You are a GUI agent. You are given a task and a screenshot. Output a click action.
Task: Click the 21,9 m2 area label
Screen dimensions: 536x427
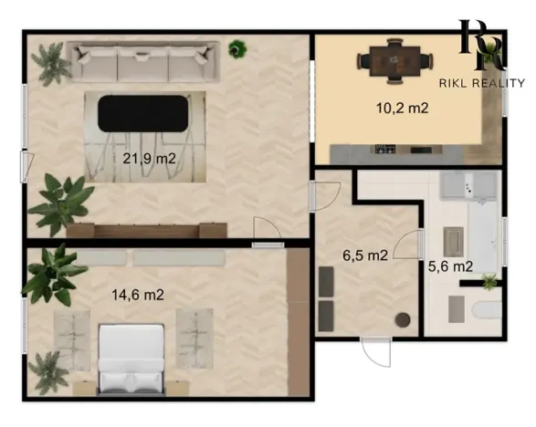click(x=149, y=159)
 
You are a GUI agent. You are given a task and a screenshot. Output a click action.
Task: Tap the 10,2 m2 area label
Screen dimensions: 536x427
click(x=403, y=109)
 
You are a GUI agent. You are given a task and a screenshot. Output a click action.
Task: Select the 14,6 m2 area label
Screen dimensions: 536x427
click(x=138, y=295)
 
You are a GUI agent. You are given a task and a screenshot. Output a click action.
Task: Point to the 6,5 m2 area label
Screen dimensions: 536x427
click(x=365, y=255)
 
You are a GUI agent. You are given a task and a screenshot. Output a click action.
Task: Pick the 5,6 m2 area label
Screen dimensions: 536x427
click(x=450, y=266)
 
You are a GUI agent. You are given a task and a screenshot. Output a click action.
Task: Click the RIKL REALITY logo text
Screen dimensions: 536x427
click(x=481, y=83)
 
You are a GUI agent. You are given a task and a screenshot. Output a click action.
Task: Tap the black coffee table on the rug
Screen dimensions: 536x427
click(x=143, y=113)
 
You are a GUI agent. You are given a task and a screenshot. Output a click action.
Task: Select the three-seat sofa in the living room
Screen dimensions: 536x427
click(x=142, y=61)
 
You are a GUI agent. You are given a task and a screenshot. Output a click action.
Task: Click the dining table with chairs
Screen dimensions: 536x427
click(x=395, y=61)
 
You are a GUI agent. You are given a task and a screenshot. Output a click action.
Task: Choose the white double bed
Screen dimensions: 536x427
click(x=131, y=359)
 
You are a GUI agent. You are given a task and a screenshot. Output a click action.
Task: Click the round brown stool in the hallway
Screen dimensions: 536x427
click(x=403, y=319)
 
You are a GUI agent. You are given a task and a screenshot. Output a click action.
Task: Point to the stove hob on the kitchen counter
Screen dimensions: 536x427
click(x=385, y=149)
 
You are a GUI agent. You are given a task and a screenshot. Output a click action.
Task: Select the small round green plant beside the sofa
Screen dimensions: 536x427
click(x=237, y=49)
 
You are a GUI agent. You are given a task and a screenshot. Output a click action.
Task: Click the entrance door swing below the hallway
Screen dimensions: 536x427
click(x=376, y=352)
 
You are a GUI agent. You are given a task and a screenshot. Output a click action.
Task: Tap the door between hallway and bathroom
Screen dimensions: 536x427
click(x=407, y=245)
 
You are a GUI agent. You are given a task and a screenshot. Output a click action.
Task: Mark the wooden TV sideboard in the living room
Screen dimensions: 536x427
click(x=147, y=230)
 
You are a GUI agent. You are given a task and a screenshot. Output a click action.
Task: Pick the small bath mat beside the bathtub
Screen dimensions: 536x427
click(x=453, y=242)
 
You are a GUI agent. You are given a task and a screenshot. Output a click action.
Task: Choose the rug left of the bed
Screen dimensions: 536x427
click(x=72, y=340)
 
